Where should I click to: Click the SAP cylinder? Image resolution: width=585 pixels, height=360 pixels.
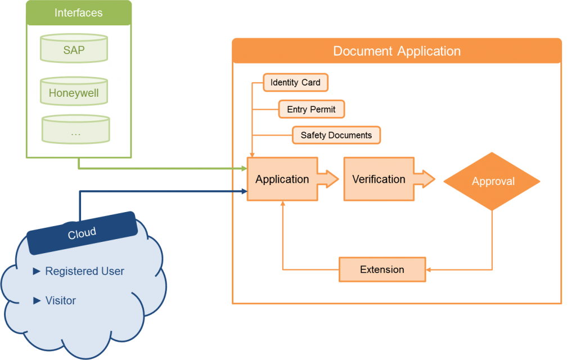click(74, 49)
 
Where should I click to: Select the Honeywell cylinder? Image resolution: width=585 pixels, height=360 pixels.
click(74, 93)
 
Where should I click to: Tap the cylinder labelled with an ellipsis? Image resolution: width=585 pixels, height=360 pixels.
click(76, 131)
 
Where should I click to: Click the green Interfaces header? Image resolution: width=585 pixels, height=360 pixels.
click(79, 13)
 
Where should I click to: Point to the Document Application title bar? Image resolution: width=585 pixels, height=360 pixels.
click(397, 51)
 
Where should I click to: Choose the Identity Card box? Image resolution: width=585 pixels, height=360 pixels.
click(295, 83)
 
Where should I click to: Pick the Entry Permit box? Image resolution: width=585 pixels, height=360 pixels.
click(311, 109)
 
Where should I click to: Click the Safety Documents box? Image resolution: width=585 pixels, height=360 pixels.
click(336, 135)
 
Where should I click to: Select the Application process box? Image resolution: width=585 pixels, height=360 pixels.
click(282, 179)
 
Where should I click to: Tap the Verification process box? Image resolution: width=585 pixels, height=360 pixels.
click(379, 179)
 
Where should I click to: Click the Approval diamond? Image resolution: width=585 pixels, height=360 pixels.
click(492, 181)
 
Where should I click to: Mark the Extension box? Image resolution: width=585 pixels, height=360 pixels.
click(382, 269)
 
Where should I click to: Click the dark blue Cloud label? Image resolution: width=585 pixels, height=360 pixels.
click(82, 232)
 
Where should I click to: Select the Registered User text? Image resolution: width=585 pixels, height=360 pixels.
click(84, 271)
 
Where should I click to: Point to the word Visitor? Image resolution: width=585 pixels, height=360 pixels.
click(60, 301)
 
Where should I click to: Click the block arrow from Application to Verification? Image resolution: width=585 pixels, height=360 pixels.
click(330, 179)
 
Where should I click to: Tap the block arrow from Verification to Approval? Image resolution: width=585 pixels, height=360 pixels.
click(426, 179)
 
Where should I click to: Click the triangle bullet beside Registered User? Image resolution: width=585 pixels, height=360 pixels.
click(37, 271)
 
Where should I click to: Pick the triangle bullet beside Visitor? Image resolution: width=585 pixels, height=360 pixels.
click(37, 301)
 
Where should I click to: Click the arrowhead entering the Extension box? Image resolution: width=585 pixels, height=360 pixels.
click(430, 270)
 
